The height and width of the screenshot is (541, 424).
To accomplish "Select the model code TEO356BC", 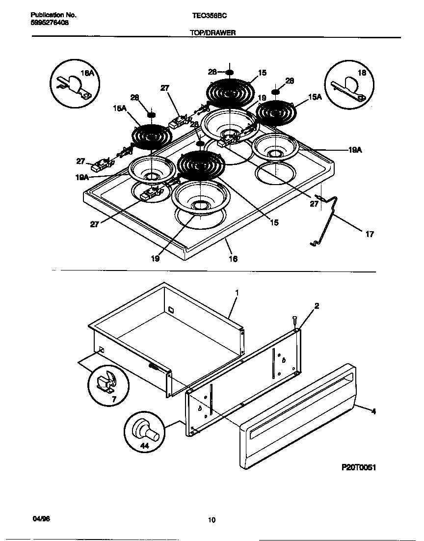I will (x=209, y=15).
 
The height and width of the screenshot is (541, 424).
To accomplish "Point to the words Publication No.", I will (x=50, y=15).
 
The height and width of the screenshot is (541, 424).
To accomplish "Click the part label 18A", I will (x=86, y=73).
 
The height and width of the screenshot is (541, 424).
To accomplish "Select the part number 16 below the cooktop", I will (x=233, y=259).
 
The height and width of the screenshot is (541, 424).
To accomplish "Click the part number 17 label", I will (x=370, y=234).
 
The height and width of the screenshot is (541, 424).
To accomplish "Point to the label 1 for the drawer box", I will (x=237, y=292).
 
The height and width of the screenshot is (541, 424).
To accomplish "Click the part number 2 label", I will (x=317, y=306).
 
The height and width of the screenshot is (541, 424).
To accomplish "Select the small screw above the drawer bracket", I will (x=294, y=320).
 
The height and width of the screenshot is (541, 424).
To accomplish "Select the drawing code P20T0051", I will (x=358, y=467).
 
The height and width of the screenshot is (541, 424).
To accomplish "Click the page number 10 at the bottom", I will (x=212, y=520).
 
